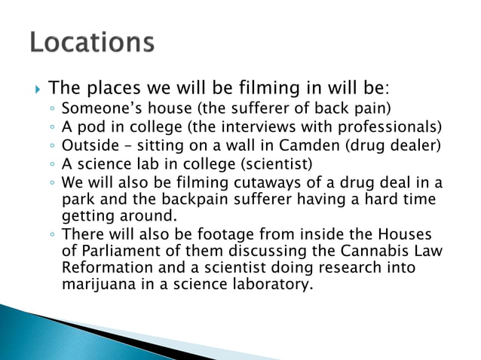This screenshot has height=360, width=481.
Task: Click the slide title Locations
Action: coord(92,43)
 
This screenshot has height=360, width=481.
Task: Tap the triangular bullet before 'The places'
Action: coord(36,89)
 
